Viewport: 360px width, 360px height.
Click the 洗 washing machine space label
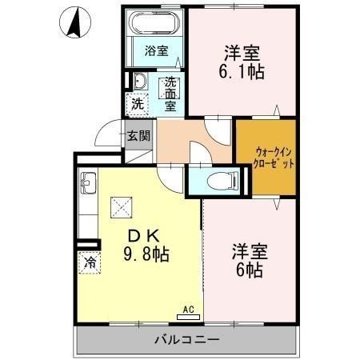138,103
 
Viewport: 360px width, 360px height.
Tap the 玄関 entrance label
138,136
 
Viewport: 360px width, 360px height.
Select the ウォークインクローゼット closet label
266,156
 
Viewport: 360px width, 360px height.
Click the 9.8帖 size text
145,256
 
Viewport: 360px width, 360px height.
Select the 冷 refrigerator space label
90,262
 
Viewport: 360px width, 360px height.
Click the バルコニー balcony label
187,341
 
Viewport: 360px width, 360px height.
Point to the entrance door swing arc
106,136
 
